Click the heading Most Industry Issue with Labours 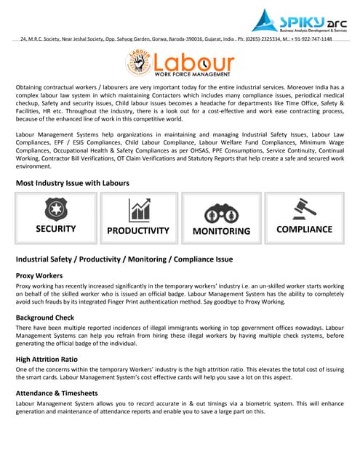(73, 183)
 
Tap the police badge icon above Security (55, 210)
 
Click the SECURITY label (55, 229)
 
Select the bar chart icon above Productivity (138, 210)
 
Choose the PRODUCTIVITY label (138, 230)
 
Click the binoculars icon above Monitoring (221, 211)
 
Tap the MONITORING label (221, 231)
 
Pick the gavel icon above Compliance (304, 209)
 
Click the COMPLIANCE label (304, 229)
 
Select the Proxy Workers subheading (39, 276)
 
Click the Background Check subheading (48, 318)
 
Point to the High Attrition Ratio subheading (51, 359)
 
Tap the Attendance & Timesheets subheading (62, 392)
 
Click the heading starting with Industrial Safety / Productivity (124, 259)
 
